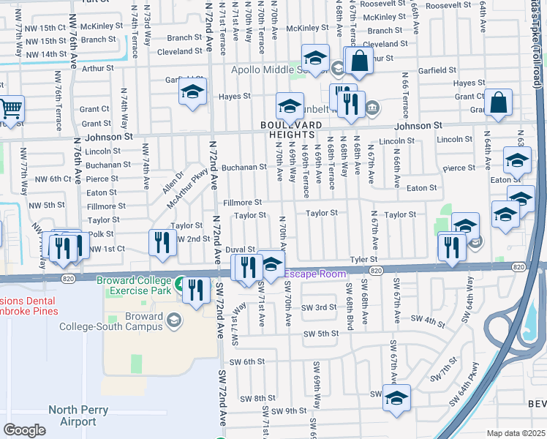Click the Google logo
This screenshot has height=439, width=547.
[24, 429]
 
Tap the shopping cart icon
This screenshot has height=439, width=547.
[10, 109]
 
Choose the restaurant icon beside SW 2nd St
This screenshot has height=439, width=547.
[162, 242]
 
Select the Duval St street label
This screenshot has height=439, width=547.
[240, 249]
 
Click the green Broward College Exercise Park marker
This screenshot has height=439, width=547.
[180, 282]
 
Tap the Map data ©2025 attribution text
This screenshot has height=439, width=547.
[516, 433]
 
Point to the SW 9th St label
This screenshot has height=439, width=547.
[292, 410]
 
